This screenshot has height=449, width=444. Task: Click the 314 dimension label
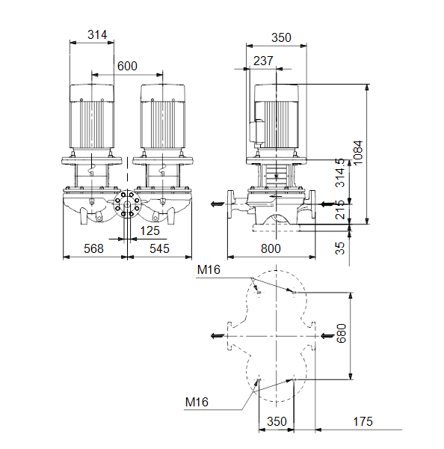(x=97, y=35)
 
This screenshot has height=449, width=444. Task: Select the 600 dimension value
(x=127, y=66)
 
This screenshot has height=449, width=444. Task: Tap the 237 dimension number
(x=263, y=61)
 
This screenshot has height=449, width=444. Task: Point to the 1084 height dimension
(x=357, y=153)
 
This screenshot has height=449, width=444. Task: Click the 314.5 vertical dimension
(x=340, y=173)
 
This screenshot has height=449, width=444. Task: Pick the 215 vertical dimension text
(x=340, y=210)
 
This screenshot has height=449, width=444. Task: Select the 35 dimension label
(x=340, y=248)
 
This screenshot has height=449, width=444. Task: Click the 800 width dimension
(x=271, y=248)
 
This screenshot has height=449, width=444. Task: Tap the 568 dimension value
(x=93, y=248)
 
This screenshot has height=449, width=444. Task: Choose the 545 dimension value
(x=159, y=248)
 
